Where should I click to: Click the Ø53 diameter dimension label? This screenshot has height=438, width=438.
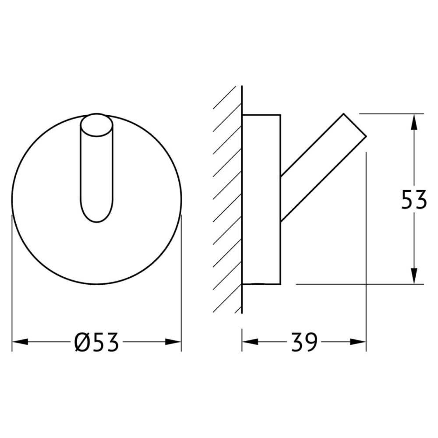97,342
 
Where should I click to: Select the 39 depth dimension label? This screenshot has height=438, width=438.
304,342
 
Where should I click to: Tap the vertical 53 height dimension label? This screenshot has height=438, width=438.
414,199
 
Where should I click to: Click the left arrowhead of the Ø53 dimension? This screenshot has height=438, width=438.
20,342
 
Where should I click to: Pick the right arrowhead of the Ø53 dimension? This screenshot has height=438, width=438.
173,342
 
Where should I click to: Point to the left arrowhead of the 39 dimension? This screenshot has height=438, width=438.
250,342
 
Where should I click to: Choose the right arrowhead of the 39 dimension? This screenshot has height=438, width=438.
358,342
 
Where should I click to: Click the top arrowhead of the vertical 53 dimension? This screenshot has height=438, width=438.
414,122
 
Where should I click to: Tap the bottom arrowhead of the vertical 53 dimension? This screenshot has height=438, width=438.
414,276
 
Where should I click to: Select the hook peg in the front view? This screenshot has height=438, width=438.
97,168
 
